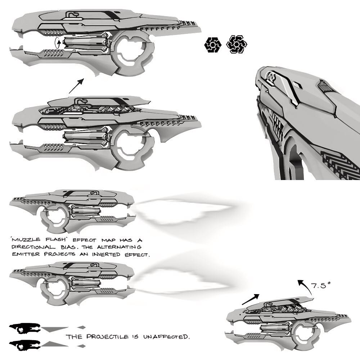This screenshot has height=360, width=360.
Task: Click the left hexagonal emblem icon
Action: coord(212,45)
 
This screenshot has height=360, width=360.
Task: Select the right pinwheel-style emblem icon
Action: coord(236,45)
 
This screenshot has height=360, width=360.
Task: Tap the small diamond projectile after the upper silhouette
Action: coord(82,327)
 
